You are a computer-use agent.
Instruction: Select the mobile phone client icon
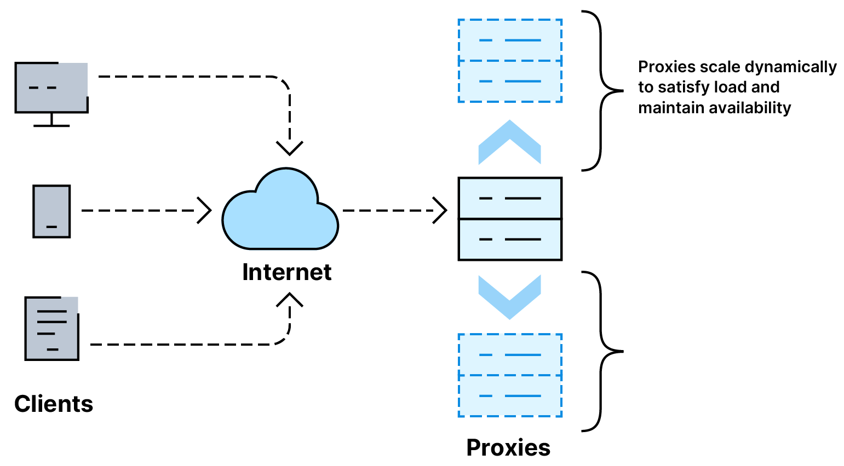(x=51, y=211)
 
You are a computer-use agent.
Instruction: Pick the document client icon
(x=52, y=328)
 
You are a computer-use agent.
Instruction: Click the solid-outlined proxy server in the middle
(x=510, y=219)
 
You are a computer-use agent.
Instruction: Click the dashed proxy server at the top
(x=510, y=61)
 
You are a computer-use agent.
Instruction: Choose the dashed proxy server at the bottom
(x=510, y=375)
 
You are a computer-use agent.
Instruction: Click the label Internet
(x=286, y=272)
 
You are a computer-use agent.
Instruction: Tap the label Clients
(x=54, y=404)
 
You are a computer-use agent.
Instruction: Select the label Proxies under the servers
(x=508, y=448)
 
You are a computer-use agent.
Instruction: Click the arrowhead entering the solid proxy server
(x=440, y=211)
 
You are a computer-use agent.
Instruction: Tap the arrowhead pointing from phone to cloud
(x=204, y=211)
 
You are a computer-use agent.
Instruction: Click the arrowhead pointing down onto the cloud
(x=290, y=148)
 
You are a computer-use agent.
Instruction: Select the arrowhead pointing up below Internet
(x=290, y=300)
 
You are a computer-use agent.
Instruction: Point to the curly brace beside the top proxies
(x=602, y=91)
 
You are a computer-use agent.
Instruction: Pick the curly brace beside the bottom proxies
(x=602, y=351)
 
